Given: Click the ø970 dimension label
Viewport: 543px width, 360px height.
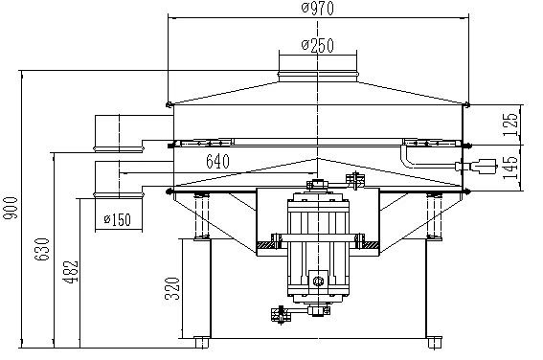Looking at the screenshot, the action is coord(318,9).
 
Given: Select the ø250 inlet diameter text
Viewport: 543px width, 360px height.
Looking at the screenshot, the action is coord(318,45).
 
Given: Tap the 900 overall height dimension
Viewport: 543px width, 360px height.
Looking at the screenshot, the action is coord(10,208).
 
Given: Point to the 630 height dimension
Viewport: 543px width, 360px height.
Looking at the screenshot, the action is coord(42,249).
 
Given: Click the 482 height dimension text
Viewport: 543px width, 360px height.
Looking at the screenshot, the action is coord(71,272).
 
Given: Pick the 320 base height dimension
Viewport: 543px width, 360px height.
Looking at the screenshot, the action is coord(172,288).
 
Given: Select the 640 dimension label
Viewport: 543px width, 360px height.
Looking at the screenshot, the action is coord(217,161).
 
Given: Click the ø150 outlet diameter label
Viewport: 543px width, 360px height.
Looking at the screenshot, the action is coord(118,219).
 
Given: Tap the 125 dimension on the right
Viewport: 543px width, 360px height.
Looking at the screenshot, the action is coord(510,124).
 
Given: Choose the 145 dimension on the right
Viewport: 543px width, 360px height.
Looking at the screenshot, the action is coord(510,168).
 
